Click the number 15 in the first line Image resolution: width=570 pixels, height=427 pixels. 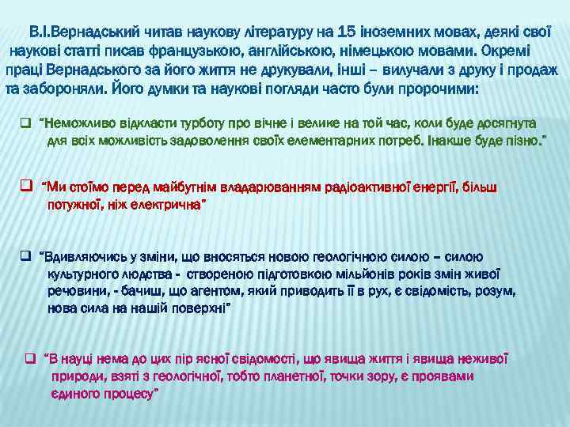point(346,32)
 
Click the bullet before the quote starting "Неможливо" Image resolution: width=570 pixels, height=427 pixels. point(25,123)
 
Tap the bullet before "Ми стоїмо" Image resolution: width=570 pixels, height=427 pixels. point(25,187)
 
